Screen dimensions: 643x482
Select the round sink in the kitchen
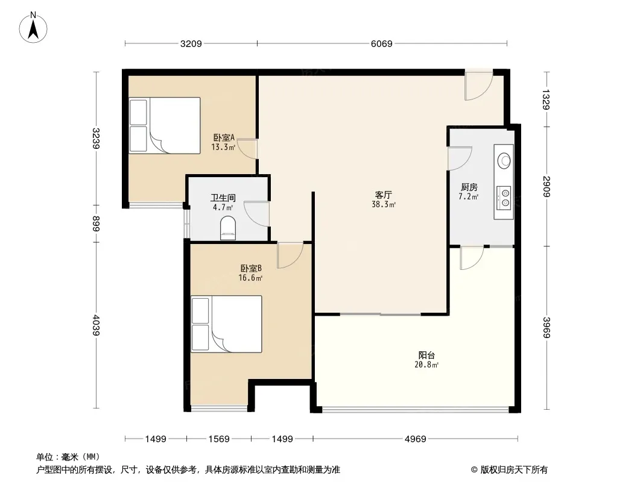tap(504, 160)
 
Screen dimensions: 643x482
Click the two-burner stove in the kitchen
tap(504, 198)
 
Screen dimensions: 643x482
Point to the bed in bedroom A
tap(165, 125)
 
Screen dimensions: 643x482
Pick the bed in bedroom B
tap(226, 324)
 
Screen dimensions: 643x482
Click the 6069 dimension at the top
tap(381, 43)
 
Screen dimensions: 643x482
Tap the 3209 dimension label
tap(191, 43)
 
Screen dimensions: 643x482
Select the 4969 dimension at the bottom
tap(416, 439)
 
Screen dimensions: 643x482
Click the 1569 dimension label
tap(218, 439)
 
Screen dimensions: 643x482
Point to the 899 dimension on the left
tap(96, 224)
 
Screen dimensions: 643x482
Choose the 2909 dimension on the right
tap(546, 186)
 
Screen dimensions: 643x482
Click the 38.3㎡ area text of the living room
tap(384, 204)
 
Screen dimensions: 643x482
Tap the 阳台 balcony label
tap(426, 355)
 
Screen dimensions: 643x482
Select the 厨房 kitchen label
tap(469, 187)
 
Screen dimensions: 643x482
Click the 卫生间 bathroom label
tap(223, 198)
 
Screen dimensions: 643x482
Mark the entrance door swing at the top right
tap(478, 86)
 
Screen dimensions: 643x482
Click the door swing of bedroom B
tap(290, 255)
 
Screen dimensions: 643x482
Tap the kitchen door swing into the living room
tap(460, 158)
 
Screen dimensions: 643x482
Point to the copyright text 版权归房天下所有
tap(514, 470)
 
